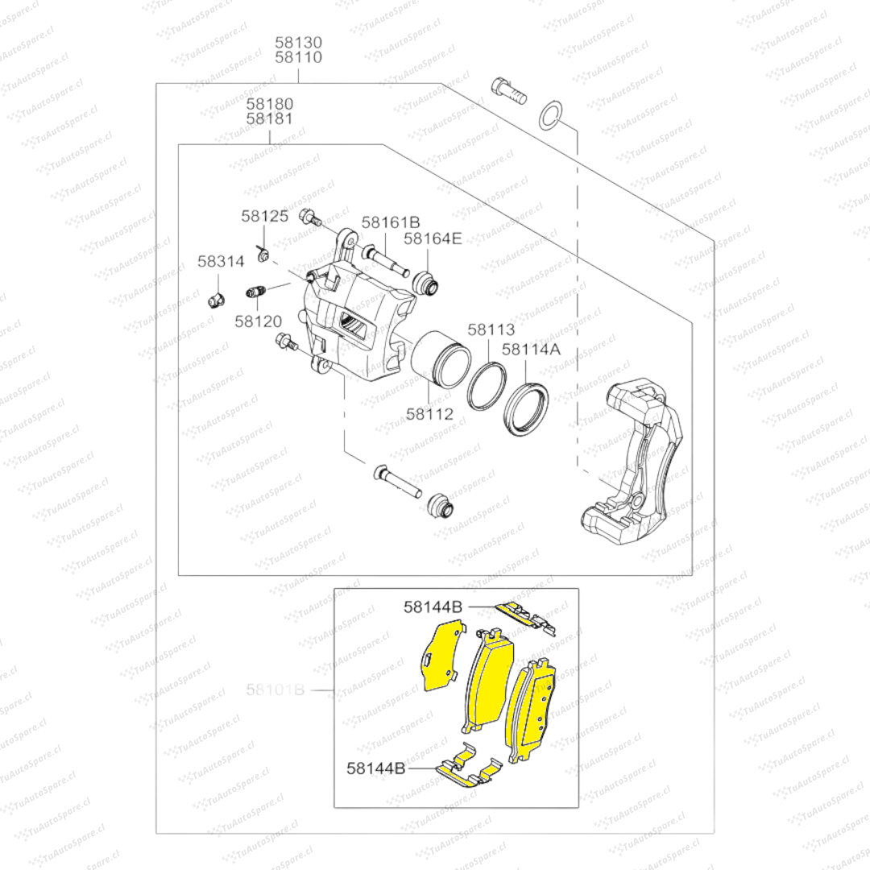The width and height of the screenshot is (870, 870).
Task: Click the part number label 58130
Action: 298,42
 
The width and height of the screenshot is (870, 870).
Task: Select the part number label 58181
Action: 270,118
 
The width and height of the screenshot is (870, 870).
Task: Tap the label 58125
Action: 264,216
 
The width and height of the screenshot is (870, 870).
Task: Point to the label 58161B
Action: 391,222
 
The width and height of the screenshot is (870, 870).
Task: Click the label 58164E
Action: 433,238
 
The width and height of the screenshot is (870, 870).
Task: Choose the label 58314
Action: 221,262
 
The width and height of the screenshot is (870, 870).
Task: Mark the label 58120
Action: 259,321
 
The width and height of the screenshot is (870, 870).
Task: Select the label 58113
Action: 491,329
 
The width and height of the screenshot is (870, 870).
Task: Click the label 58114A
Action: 531,349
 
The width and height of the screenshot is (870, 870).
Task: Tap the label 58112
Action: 429,414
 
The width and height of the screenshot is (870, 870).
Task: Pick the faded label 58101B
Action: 275,690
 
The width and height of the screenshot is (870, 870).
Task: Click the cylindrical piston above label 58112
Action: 440,359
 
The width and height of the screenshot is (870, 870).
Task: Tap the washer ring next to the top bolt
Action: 549,114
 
